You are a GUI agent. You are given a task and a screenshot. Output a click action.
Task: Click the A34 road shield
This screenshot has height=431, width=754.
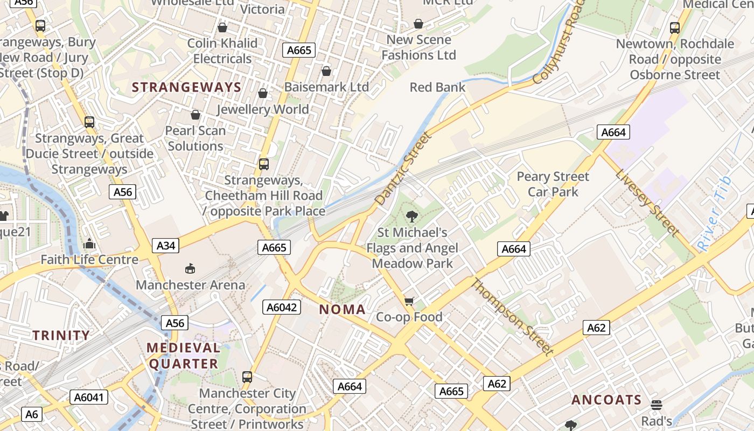(x=165, y=246)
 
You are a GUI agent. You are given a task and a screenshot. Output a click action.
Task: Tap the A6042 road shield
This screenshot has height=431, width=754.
(x=282, y=307)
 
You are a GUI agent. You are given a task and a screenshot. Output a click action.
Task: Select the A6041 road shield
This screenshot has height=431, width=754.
(x=89, y=398)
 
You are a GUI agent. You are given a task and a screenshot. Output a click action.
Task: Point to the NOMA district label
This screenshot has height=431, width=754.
(x=343, y=309)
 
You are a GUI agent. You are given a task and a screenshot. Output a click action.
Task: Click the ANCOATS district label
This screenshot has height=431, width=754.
(x=606, y=400)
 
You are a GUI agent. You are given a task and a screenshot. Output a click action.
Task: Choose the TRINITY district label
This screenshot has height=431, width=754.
(x=61, y=335)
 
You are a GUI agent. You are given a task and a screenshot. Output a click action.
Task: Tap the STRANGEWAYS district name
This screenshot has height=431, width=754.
(x=186, y=87)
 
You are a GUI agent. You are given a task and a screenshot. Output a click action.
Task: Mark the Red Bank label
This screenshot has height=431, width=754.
(x=437, y=87)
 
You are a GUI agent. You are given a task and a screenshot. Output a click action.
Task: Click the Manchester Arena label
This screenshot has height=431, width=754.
(x=191, y=284)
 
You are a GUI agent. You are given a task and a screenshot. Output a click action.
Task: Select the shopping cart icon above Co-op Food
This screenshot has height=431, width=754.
(x=409, y=301)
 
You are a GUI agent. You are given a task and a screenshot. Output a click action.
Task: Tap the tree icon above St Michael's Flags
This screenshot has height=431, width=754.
(x=412, y=217)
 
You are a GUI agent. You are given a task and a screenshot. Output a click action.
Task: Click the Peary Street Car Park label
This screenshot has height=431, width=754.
(x=553, y=184)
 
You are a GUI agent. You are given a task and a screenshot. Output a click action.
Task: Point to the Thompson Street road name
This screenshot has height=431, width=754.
(x=512, y=317)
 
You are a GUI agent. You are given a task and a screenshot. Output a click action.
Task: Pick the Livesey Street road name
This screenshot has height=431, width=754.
(x=646, y=203)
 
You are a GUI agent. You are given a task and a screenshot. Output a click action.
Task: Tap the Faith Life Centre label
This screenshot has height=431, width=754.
(x=89, y=260)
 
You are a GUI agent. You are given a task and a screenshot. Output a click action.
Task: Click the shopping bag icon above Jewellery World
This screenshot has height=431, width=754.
(x=263, y=93)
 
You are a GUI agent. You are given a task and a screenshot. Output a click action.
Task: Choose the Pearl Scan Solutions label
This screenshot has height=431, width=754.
(x=195, y=138)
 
